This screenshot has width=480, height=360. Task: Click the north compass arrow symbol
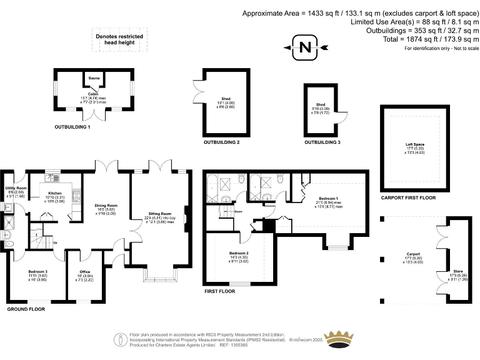[x=304, y=48]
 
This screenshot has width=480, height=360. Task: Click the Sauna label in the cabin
[x=94, y=78]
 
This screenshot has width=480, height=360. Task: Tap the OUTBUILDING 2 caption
[x=221, y=142]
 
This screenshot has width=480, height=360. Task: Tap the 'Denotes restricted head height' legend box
[x=119, y=39]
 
